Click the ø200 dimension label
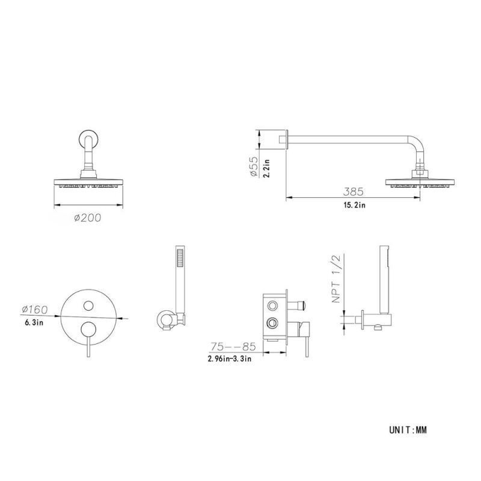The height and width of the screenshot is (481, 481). click(87, 218)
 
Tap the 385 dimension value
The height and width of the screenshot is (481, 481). click(353, 192)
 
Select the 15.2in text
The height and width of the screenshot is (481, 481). click(354, 205)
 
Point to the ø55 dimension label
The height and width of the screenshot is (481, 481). click(254, 167)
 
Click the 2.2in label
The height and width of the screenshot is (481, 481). click(266, 168)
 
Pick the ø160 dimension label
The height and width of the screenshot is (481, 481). click(35, 310)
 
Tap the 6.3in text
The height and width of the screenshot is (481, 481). click(34, 322)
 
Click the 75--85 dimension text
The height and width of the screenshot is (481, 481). click(233, 347)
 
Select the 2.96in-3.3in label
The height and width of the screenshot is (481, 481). click(230, 358)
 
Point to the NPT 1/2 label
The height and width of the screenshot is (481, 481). click(336, 279)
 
